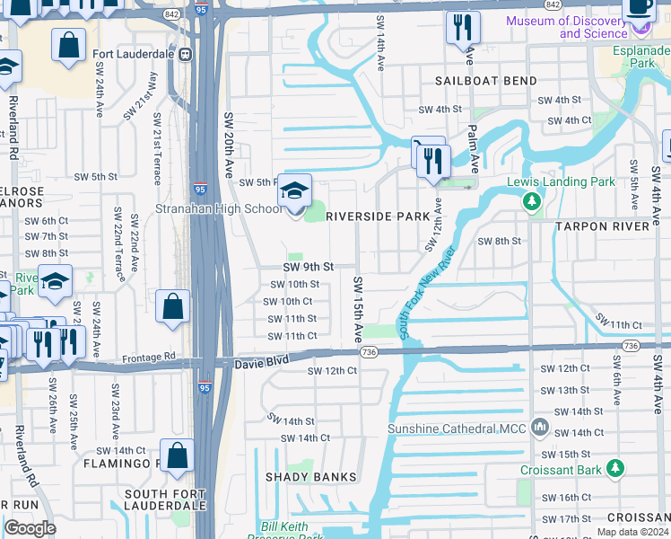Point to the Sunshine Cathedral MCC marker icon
538,428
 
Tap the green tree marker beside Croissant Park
614,469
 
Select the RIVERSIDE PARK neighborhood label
378,216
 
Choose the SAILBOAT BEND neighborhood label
486,81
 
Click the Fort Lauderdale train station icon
186,53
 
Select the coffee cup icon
639,7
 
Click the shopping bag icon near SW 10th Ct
173,306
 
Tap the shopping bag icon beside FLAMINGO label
179,455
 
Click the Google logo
30,528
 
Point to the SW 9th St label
308,267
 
